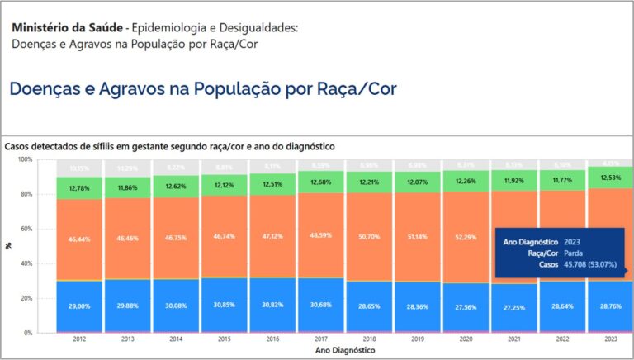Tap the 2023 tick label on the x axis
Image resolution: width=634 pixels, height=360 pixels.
610,339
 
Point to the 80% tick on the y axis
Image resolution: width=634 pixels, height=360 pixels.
25,194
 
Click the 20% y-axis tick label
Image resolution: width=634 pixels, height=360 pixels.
25,298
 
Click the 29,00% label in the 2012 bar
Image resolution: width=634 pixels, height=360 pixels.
79,306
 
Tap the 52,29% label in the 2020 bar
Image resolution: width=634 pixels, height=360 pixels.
466,238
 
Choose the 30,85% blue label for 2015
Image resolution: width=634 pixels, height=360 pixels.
224,305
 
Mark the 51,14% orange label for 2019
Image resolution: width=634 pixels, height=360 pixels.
417,237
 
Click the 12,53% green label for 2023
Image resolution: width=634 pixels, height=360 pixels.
610,178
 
